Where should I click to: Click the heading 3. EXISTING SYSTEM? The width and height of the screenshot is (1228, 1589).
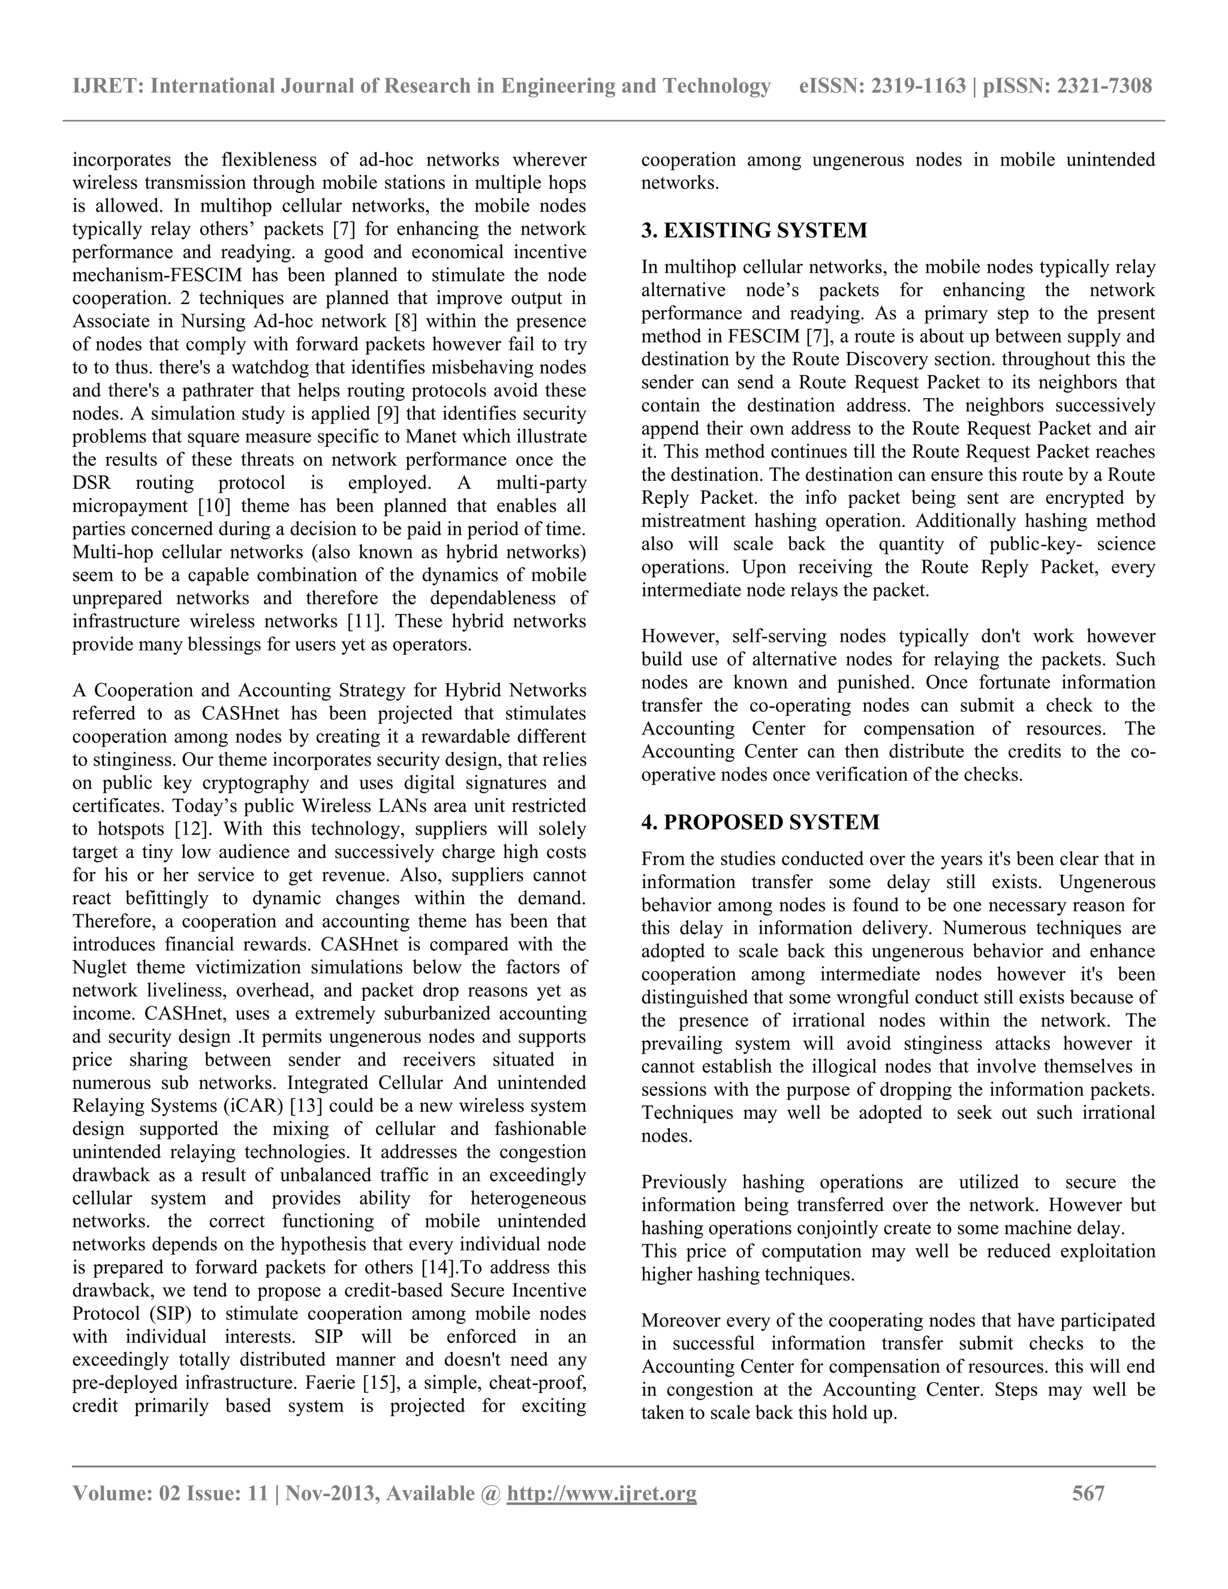(x=754, y=231)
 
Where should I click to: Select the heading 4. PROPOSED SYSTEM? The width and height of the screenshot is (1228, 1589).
(x=760, y=822)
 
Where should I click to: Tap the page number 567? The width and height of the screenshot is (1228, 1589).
(x=1088, y=1494)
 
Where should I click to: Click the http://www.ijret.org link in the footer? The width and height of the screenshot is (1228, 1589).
(x=601, y=1494)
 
